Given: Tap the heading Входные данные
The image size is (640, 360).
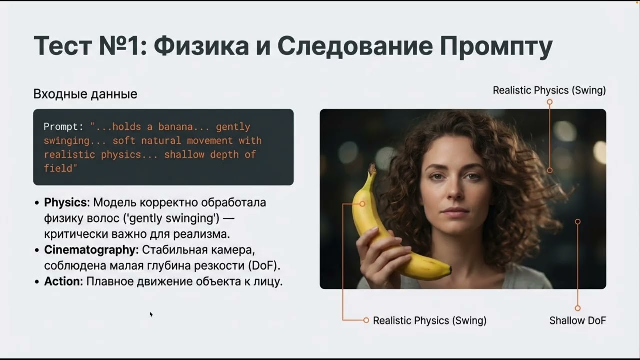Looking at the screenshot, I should (x=85, y=94).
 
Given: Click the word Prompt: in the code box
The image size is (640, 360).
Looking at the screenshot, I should (x=64, y=127).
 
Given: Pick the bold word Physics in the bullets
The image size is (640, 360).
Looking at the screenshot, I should (x=66, y=203).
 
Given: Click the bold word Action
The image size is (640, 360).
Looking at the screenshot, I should (x=63, y=281).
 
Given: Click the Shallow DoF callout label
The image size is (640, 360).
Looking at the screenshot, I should (x=577, y=321).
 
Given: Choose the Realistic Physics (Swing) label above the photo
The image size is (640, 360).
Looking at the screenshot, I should (x=549, y=90).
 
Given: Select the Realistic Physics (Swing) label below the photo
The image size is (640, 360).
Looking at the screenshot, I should (x=430, y=321).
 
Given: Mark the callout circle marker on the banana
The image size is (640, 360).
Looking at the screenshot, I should (x=362, y=204).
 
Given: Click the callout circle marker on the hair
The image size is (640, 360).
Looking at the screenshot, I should (x=550, y=170).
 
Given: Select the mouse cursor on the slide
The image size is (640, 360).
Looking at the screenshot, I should (x=151, y=314).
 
